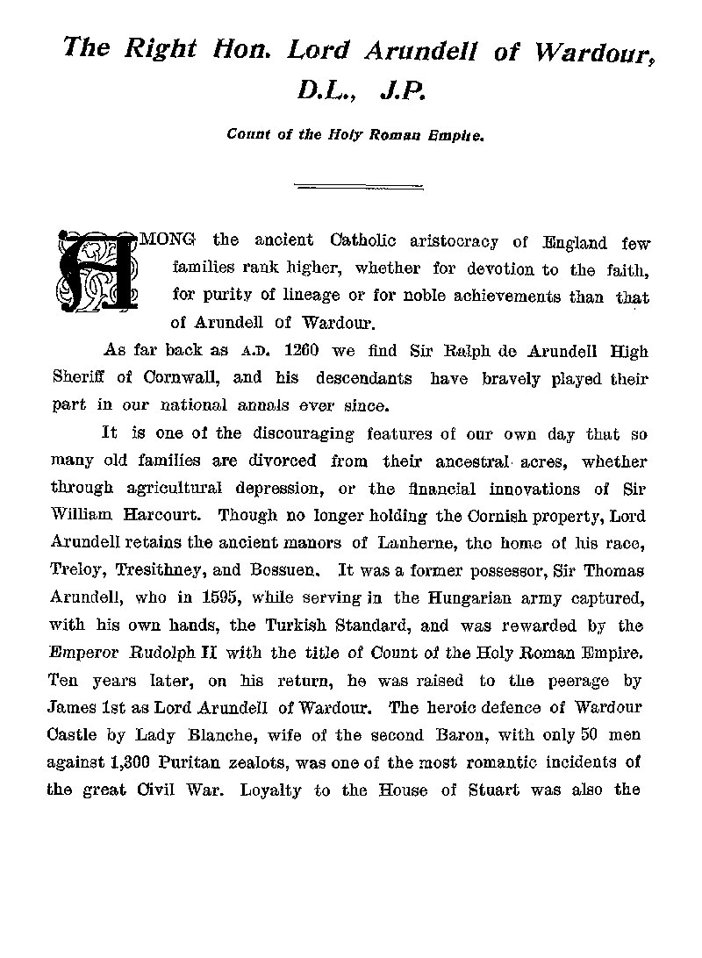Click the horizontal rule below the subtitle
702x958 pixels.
click(x=358, y=185)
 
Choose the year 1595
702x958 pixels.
click(x=221, y=598)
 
